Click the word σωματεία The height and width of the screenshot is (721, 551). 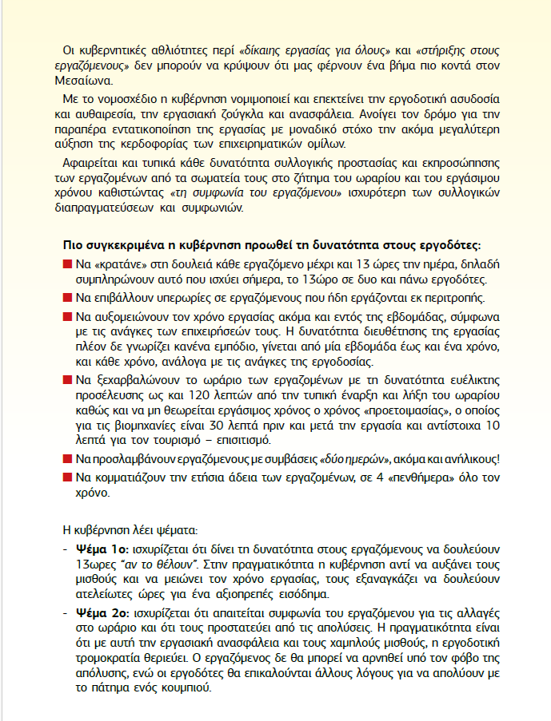tap(237, 179)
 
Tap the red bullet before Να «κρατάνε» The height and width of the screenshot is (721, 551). tap(67, 263)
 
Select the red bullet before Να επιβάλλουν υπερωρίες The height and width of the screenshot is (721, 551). tap(67, 297)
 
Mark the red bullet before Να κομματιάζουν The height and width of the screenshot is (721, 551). tap(67, 477)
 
